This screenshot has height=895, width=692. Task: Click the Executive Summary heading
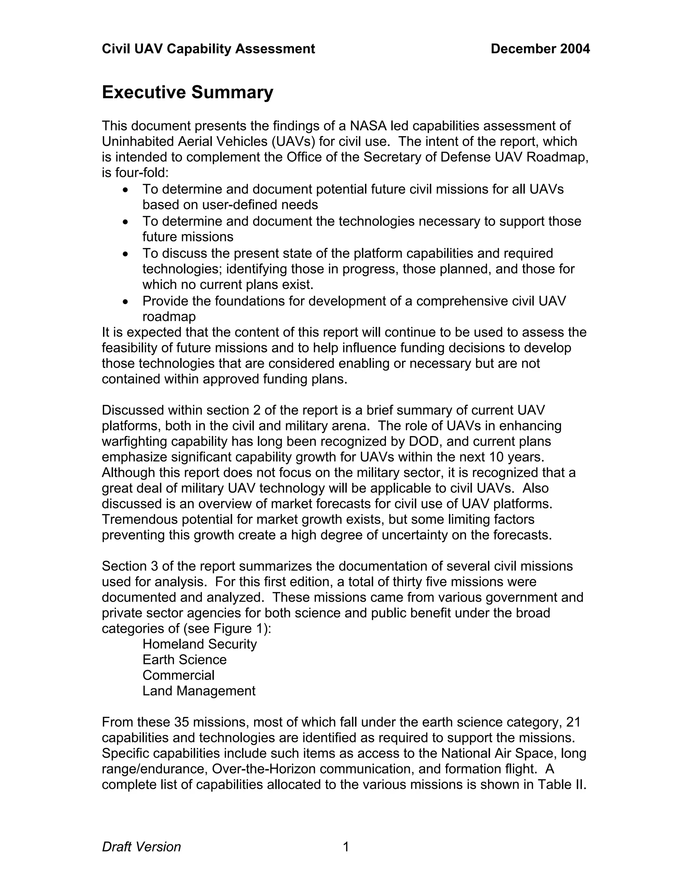(x=187, y=92)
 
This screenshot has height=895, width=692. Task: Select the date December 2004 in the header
(x=540, y=49)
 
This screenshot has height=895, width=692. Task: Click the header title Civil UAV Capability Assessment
(x=208, y=49)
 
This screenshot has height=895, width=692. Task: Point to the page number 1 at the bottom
(x=346, y=847)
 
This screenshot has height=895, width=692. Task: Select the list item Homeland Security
(x=199, y=644)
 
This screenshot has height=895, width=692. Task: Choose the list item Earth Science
(x=184, y=659)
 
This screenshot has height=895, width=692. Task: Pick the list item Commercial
(x=178, y=675)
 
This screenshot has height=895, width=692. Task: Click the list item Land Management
(x=199, y=691)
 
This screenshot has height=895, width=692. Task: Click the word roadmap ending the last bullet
(x=169, y=317)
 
